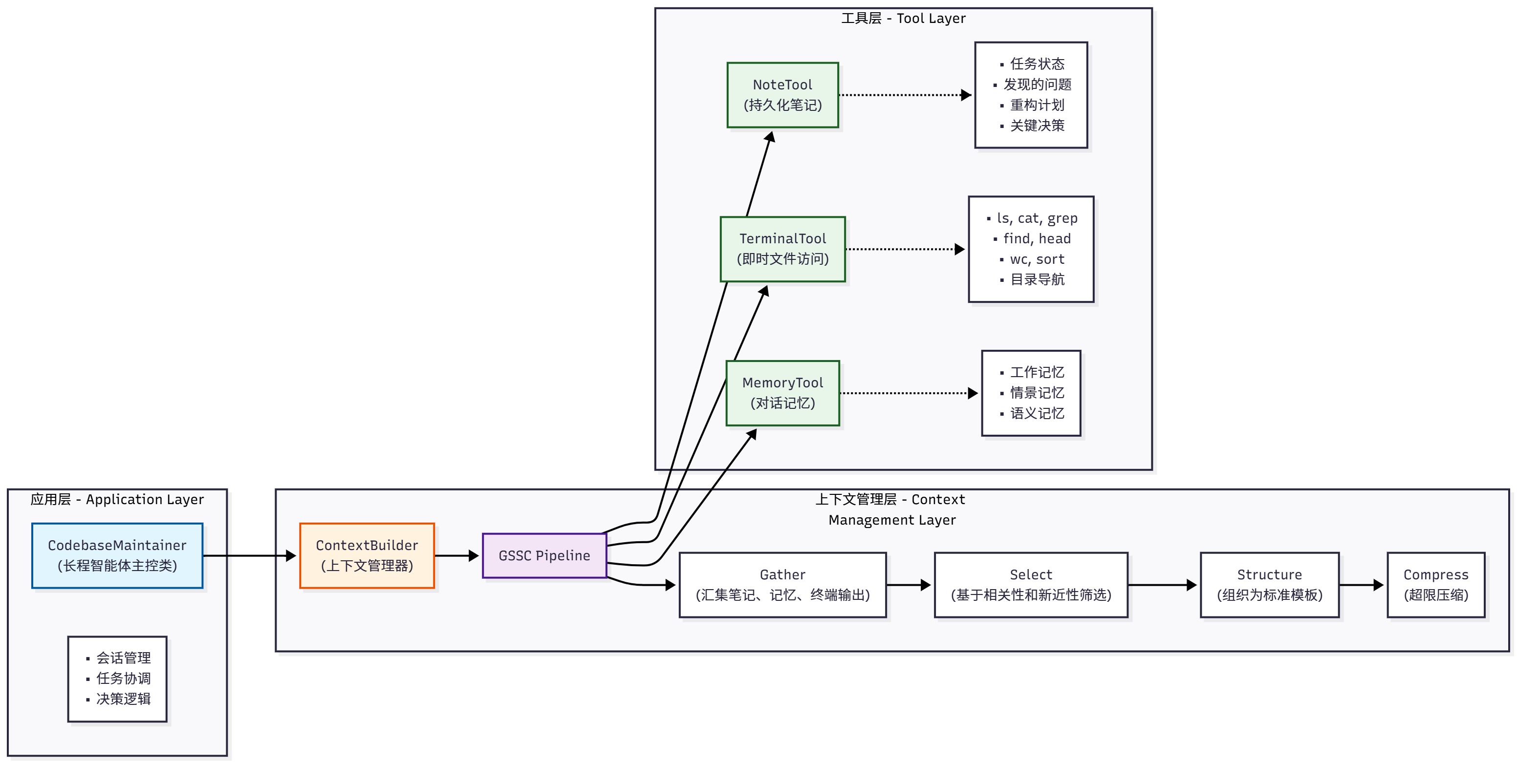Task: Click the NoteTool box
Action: (x=782, y=95)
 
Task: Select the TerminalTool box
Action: (x=782, y=249)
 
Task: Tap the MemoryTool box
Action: (x=782, y=393)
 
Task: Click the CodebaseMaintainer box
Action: (x=117, y=555)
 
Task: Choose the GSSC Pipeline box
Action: (x=544, y=555)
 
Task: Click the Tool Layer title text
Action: (x=903, y=18)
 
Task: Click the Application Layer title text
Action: (x=117, y=499)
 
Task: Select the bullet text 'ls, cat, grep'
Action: (x=1037, y=218)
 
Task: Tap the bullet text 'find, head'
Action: (x=1037, y=238)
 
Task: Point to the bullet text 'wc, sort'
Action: (x=1037, y=259)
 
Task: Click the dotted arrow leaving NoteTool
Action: (x=904, y=95)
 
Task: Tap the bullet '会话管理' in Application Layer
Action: (x=123, y=658)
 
